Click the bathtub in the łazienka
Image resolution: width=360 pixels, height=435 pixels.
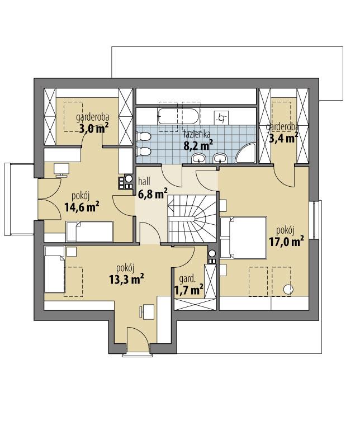pos(178,117)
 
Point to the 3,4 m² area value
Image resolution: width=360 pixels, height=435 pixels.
pos(283,137)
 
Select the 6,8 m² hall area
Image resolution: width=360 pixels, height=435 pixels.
pos(153,193)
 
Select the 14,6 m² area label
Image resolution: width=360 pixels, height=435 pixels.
pos(81,207)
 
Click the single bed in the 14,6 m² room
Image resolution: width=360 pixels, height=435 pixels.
pos(89,230)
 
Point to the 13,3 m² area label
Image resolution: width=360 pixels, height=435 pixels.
pos(126,279)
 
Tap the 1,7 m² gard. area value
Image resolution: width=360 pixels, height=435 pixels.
pos(188,290)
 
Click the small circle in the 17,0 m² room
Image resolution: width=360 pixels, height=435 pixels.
pos(289,290)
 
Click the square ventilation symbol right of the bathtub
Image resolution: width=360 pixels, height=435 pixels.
pos(222,117)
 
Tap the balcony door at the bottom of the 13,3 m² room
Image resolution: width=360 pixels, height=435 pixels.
pos(137,342)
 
